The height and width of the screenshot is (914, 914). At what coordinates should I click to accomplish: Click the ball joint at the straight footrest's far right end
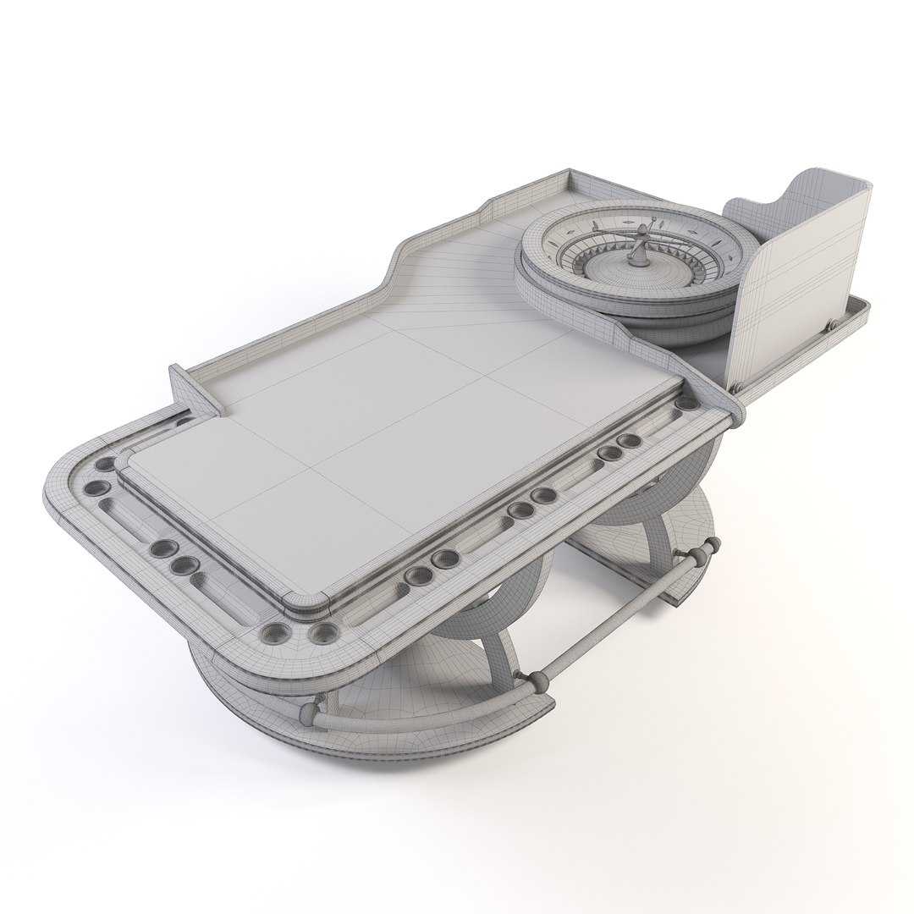pos(699,553)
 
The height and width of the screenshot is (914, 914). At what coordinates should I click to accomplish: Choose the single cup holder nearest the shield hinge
pos(629,441)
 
